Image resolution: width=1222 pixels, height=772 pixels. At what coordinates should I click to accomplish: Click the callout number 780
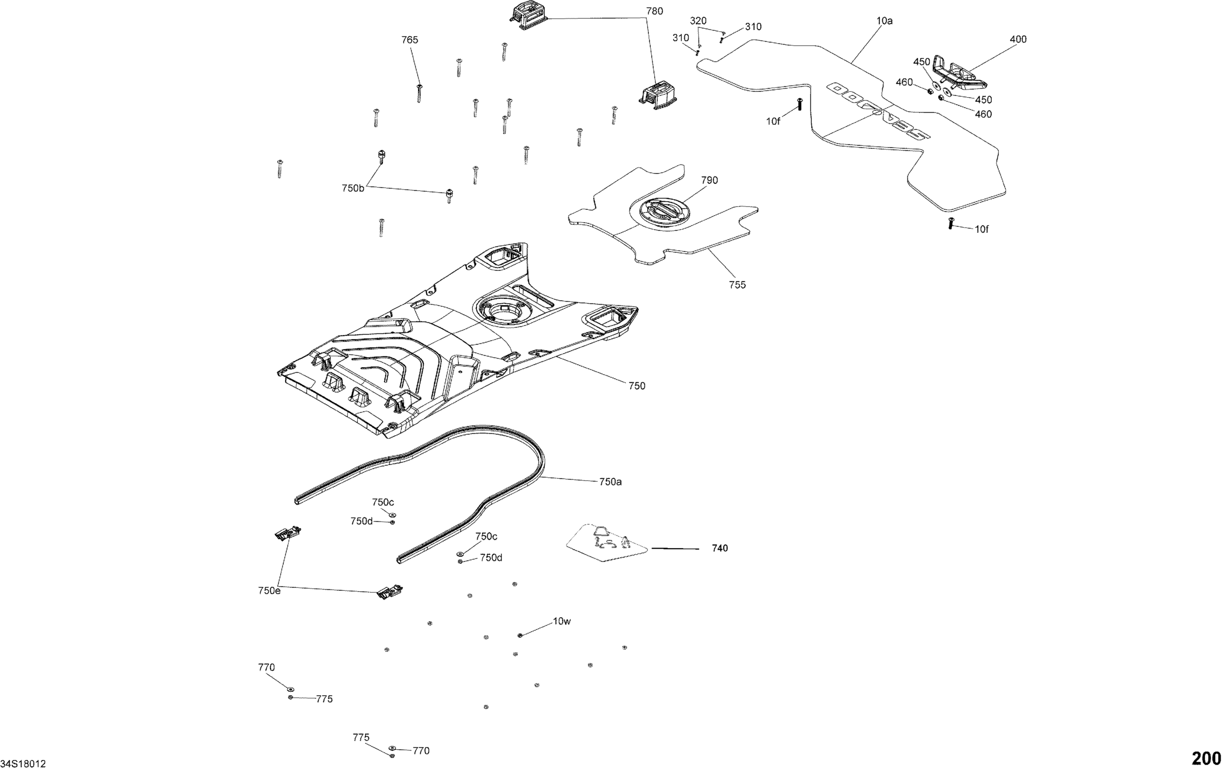click(x=654, y=11)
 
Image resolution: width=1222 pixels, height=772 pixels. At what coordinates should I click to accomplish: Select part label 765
click(x=409, y=40)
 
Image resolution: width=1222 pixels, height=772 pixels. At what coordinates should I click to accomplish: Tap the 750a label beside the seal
click(x=610, y=482)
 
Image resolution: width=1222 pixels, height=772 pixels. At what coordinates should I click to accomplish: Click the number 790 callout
click(x=709, y=181)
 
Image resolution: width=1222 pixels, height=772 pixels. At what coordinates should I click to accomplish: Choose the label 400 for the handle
click(x=1018, y=40)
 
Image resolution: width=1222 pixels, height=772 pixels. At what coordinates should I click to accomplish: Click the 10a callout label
click(x=884, y=21)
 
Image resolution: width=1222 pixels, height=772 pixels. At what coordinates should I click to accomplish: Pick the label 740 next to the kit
click(x=719, y=548)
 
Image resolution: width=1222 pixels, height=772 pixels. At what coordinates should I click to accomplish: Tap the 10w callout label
click(x=562, y=621)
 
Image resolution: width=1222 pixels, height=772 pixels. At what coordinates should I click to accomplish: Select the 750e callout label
click(x=269, y=591)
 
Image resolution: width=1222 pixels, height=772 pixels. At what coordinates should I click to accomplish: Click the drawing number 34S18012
click(x=23, y=764)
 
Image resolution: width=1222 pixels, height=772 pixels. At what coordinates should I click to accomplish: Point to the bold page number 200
click(x=1206, y=759)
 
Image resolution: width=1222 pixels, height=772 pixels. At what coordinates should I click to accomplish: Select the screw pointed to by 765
click(x=419, y=94)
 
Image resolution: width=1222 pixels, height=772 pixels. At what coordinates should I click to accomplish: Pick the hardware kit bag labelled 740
click(x=607, y=544)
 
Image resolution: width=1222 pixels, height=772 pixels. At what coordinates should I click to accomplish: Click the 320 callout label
click(x=698, y=21)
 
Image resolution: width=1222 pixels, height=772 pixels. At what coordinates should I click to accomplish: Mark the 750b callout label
click(x=353, y=188)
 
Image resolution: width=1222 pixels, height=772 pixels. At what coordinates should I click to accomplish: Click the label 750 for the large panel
click(x=636, y=386)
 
